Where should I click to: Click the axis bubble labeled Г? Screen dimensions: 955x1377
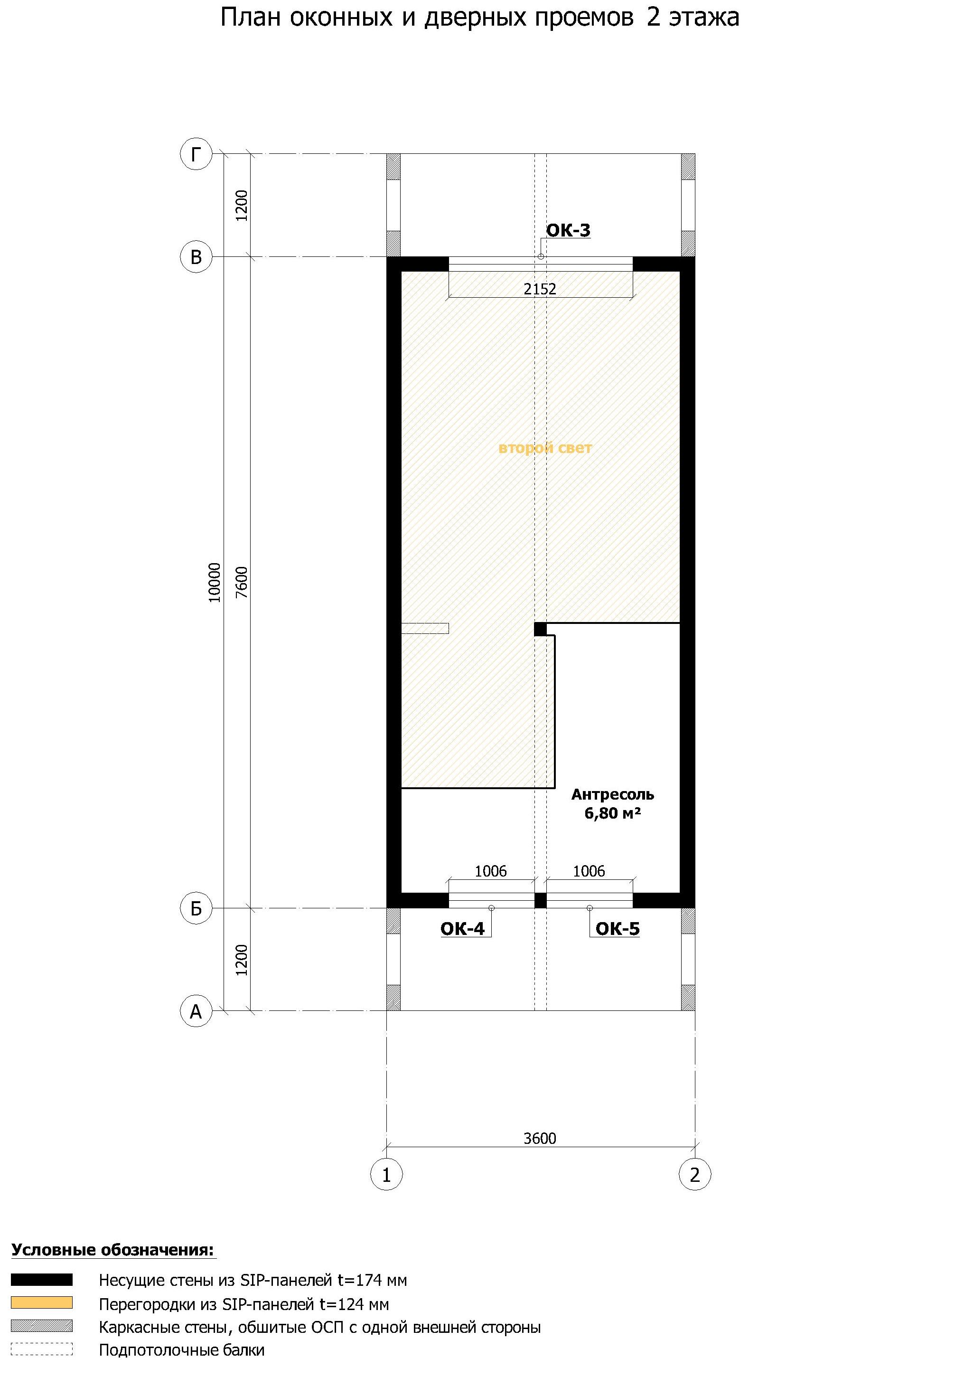(x=196, y=154)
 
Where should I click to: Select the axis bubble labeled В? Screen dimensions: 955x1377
(x=196, y=257)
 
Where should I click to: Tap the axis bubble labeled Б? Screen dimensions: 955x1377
(x=196, y=908)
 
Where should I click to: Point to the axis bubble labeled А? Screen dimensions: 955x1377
(x=196, y=1011)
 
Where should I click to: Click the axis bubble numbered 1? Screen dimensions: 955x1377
(x=386, y=1175)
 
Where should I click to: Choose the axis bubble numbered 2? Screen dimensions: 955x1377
(x=695, y=1175)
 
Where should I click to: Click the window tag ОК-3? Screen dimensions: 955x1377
(x=568, y=230)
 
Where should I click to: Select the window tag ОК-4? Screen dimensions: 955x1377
(x=462, y=929)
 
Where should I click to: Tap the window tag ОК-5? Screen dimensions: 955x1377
(x=618, y=929)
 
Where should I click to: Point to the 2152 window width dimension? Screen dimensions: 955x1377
(x=540, y=289)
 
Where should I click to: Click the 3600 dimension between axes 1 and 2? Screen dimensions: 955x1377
(x=540, y=1138)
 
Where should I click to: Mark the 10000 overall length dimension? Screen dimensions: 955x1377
(x=214, y=582)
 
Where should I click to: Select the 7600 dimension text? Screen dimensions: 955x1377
(x=241, y=582)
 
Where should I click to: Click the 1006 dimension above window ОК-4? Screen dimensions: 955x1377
(x=491, y=871)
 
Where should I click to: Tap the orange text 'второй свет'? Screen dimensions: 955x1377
(x=545, y=448)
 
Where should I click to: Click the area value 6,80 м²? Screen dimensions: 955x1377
(x=613, y=813)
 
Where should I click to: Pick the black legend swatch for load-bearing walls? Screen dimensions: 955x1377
(x=42, y=1280)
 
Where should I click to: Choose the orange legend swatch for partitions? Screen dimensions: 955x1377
(x=42, y=1303)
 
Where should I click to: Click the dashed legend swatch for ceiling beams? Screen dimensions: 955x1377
(x=42, y=1350)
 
